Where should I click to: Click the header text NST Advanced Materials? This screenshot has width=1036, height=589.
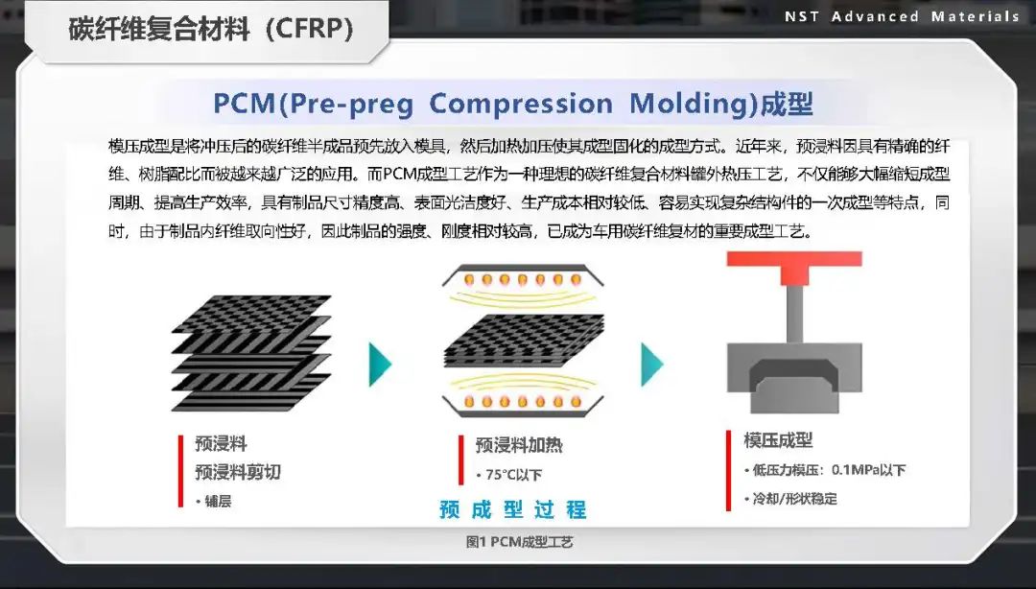[902, 16]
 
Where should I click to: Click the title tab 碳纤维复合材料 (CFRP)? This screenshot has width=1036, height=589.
[211, 30]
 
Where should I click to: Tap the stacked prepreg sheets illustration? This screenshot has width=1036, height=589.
[251, 353]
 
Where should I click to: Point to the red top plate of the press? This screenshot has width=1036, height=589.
[794, 259]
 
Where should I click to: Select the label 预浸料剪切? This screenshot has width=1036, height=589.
[238, 472]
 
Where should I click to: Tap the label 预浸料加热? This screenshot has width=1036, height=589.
[519, 445]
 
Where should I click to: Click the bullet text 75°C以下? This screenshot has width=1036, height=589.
[512, 475]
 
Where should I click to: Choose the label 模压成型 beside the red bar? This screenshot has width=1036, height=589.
[778, 440]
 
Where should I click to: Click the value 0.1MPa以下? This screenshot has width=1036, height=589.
[868, 470]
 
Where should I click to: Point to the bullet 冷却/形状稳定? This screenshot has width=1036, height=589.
[794, 499]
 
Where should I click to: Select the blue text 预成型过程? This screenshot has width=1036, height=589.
[513, 509]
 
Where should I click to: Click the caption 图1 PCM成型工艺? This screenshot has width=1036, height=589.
[519, 542]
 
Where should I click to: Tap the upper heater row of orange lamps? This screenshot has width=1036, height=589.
[523, 281]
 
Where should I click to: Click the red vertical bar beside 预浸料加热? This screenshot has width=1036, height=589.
[460, 459]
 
